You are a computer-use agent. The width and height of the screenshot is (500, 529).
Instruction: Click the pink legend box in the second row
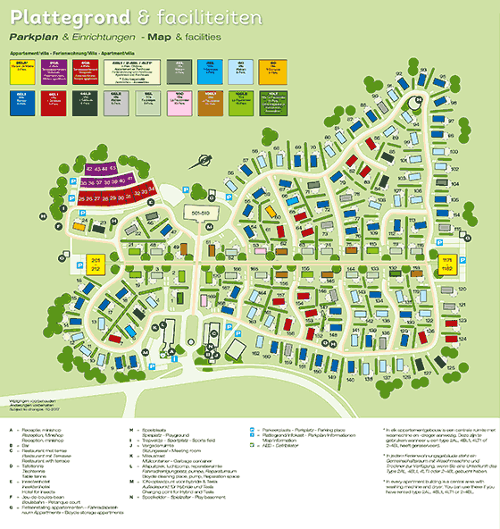click(x=147, y=101)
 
